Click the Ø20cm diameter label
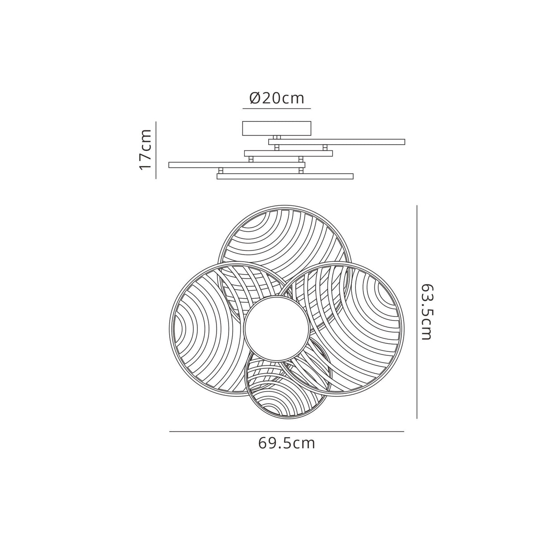click(277, 98)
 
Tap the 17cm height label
click(146, 150)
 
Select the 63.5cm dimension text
click(425, 312)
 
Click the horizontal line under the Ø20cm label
click(277, 108)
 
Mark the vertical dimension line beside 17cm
click(156, 150)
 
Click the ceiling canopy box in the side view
click(277, 129)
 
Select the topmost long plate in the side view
click(337, 142)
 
